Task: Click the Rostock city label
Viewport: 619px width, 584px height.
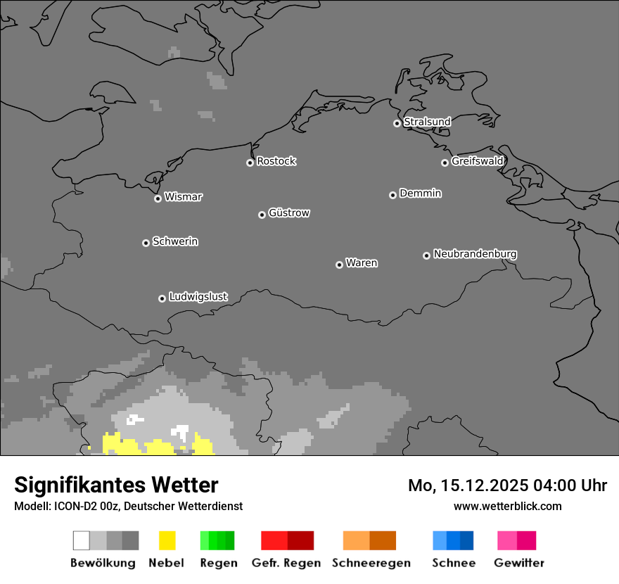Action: tap(276, 161)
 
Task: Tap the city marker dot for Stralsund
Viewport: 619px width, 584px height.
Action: tap(397, 123)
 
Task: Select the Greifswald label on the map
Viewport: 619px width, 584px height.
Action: tap(478, 161)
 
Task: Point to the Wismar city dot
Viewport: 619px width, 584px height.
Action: tap(158, 198)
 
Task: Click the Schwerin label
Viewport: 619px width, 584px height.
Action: tap(175, 241)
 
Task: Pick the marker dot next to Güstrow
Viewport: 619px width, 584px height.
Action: tap(262, 215)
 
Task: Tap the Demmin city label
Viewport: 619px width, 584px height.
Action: tap(421, 193)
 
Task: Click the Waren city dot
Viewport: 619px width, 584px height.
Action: tap(339, 265)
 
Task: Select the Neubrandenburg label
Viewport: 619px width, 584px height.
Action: tap(476, 254)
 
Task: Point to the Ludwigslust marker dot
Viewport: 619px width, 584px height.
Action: tap(162, 298)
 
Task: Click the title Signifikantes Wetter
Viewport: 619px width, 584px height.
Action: tap(116, 485)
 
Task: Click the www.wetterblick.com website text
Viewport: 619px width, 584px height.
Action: tap(508, 506)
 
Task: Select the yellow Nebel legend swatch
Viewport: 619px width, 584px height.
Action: tap(167, 540)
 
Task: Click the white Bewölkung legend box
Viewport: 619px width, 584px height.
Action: tap(82, 540)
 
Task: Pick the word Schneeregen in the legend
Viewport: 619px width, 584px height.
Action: tap(371, 563)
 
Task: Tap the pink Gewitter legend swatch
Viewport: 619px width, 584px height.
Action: tap(516, 540)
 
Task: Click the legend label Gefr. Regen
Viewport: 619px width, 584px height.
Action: tap(286, 563)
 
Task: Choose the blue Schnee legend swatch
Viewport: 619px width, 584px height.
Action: tap(453, 540)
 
